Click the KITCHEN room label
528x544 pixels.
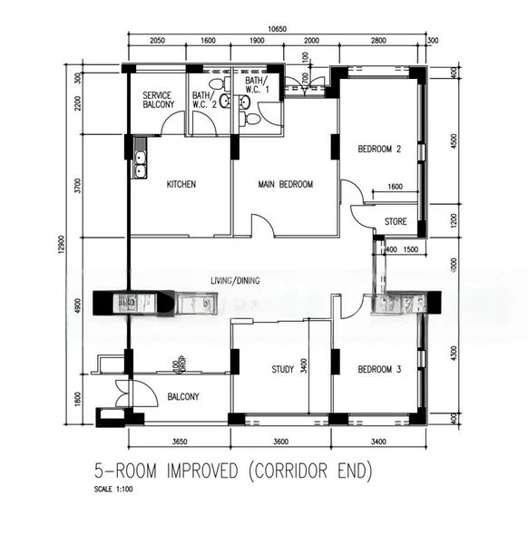(181, 184)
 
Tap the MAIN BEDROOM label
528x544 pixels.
(285, 184)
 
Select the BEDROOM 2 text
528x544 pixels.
(379, 150)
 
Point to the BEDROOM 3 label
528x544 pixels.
(379, 369)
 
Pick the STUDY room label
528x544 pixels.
(284, 369)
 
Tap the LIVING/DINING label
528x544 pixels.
(235, 280)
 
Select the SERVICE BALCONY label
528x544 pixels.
(159, 100)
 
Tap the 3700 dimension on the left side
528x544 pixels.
(78, 187)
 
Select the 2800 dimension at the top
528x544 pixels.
(377, 42)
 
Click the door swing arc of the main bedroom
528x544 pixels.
(263, 224)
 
